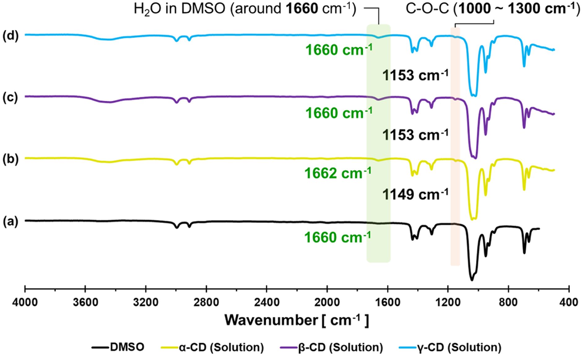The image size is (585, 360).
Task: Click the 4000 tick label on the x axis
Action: click(25, 302)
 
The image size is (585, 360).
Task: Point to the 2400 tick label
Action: click(266, 302)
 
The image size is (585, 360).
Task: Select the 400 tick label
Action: click(569, 302)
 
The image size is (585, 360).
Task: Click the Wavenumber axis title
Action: click(297, 320)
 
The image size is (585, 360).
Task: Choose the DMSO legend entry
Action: click(127, 347)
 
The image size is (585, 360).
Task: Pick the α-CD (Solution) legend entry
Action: click(221, 347)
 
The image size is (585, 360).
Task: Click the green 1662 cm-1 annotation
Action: click(338, 173)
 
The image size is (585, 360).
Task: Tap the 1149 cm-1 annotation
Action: click(415, 194)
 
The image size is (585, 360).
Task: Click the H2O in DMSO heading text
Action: click(245, 9)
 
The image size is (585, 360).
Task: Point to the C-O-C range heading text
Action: click(492, 9)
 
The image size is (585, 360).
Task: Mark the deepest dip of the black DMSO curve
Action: click(472, 280)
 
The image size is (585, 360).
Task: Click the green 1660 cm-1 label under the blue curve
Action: click(339, 50)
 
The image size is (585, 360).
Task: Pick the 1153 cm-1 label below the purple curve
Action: click(415, 135)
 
